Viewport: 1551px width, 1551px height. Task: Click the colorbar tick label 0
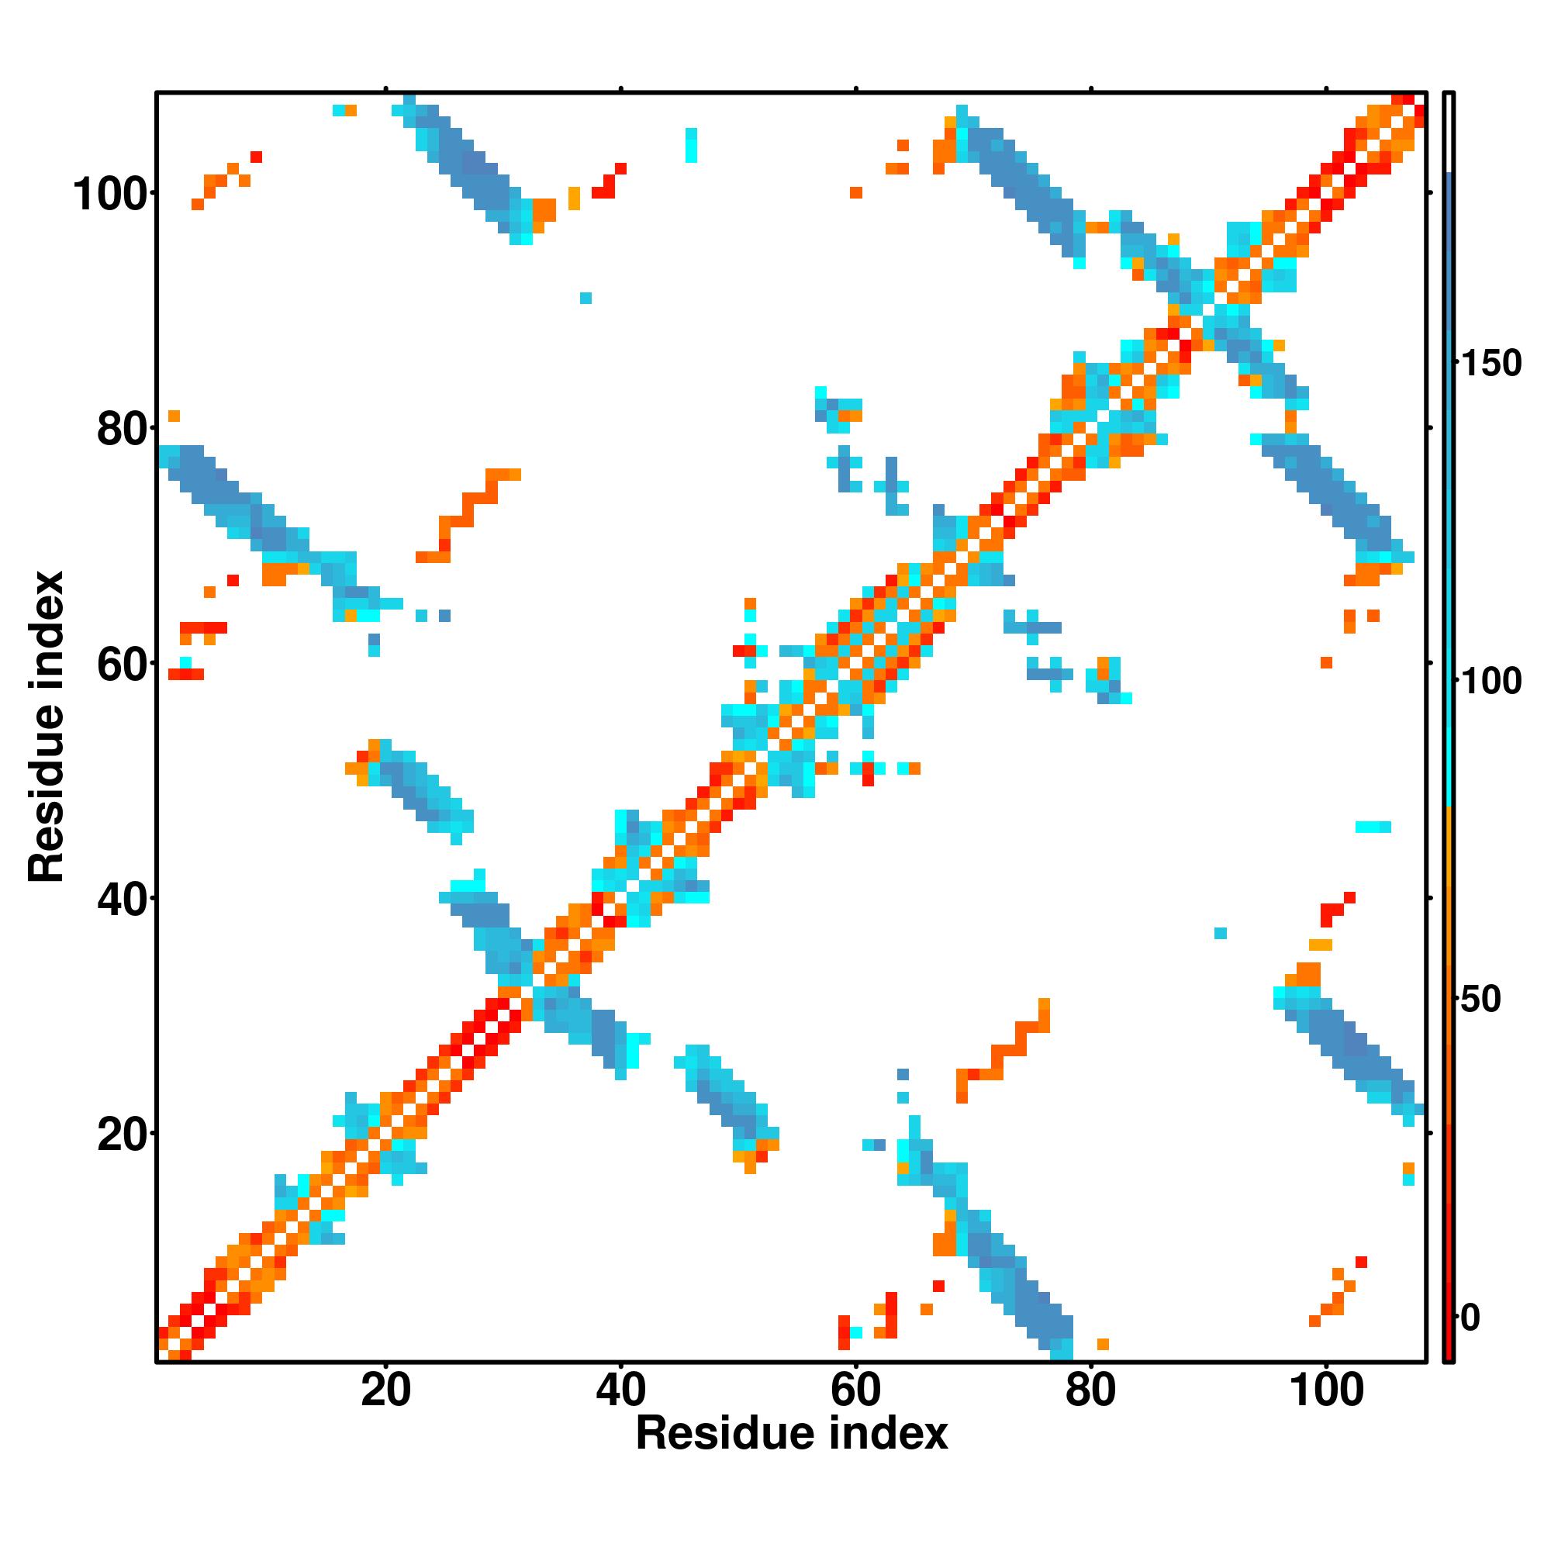pos(1470,1318)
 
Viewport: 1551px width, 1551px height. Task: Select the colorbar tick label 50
pos(1481,1000)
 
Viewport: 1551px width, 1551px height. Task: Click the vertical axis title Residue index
pos(47,727)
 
